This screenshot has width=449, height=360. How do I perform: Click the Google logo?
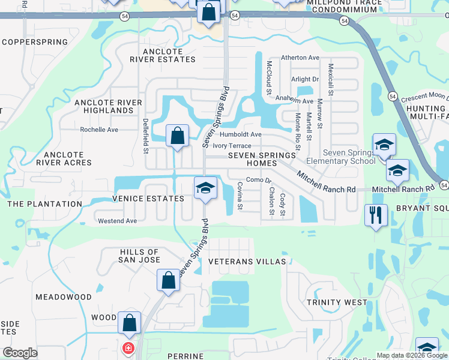tap(20, 353)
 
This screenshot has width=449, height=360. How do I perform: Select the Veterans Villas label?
tap(247, 262)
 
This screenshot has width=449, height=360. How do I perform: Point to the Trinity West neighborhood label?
tap(336, 302)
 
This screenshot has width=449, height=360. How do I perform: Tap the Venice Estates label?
tap(148, 199)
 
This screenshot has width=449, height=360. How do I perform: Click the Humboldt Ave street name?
tap(240, 134)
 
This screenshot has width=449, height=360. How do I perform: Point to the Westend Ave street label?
tap(118, 221)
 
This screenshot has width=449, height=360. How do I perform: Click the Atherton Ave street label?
tap(300, 58)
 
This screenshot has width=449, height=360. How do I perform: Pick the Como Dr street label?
tap(259, 180)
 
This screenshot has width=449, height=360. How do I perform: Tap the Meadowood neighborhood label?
tap(63, 297)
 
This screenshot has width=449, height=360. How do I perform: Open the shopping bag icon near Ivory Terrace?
tap(178, 136)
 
